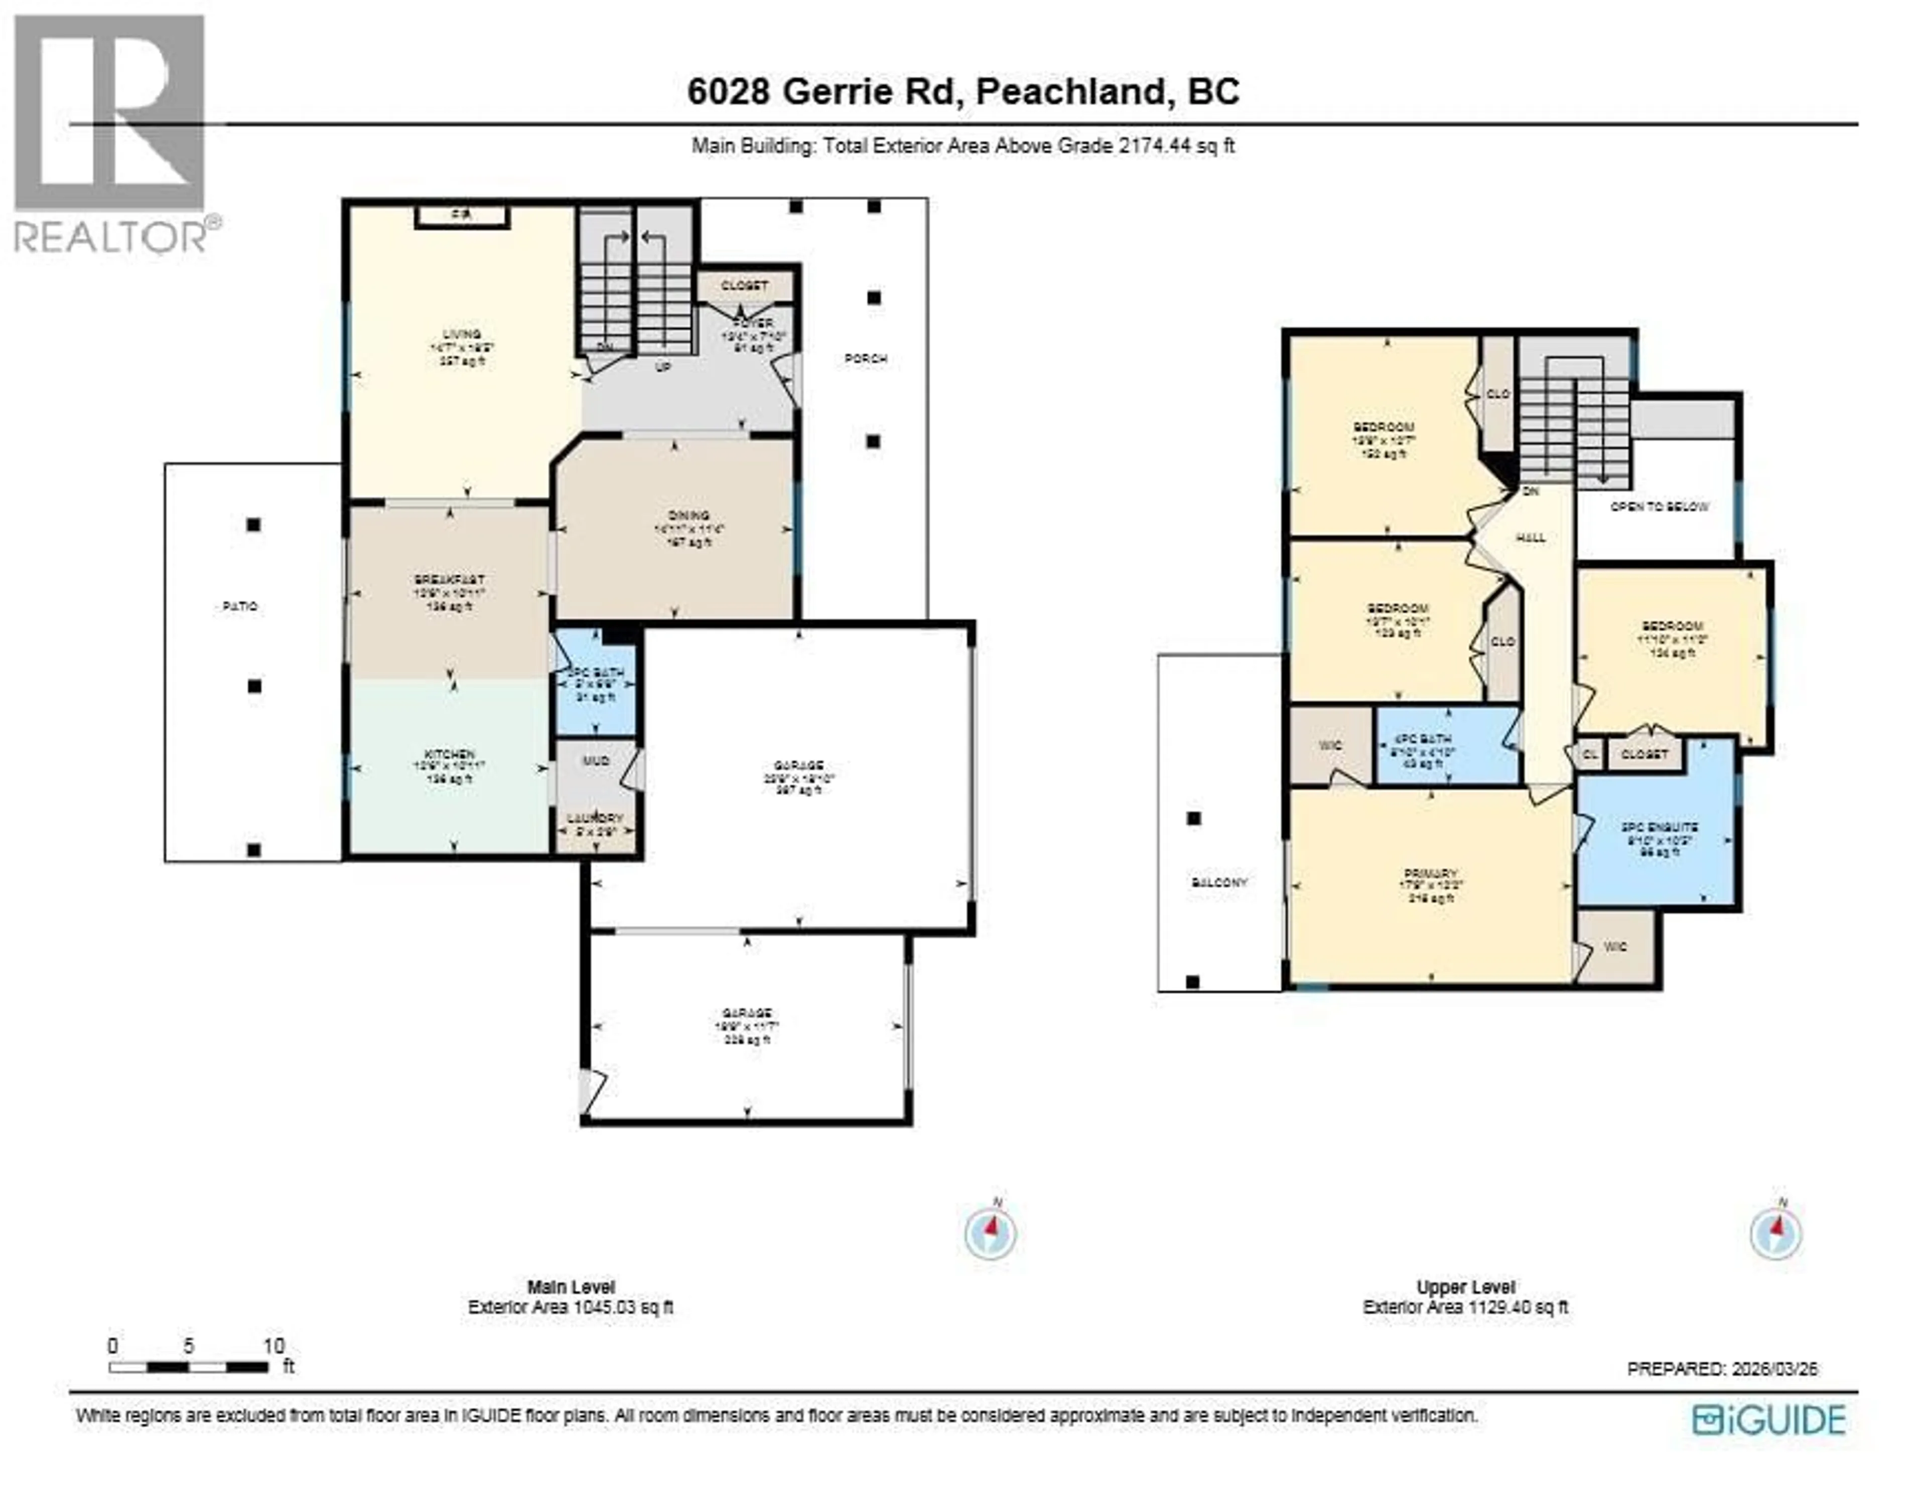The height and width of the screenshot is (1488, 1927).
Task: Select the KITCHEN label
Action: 450,755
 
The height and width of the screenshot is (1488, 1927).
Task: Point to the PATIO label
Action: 240,607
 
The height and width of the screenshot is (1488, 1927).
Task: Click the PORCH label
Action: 866,359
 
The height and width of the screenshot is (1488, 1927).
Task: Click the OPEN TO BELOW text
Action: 1659,507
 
